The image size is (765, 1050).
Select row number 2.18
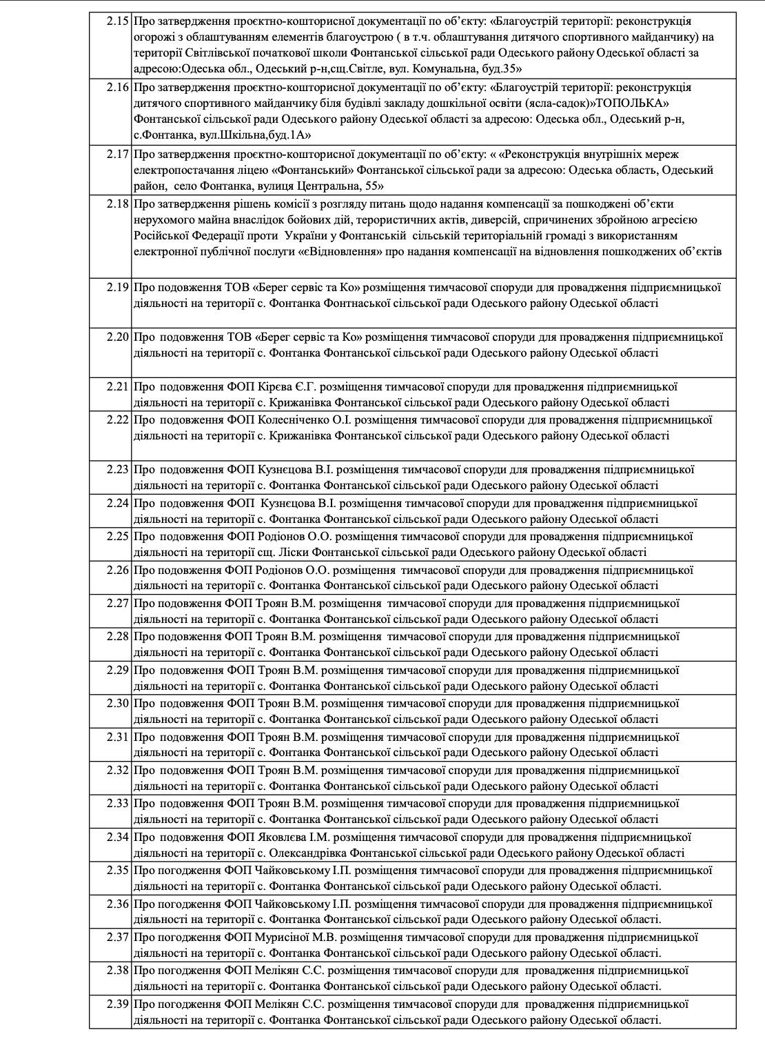coord(118,204)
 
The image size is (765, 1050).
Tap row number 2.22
coord(118,419)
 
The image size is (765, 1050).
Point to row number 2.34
coord(118,838)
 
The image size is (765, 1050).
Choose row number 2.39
coord(118,1004)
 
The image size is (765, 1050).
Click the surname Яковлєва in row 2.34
coord(281,838)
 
